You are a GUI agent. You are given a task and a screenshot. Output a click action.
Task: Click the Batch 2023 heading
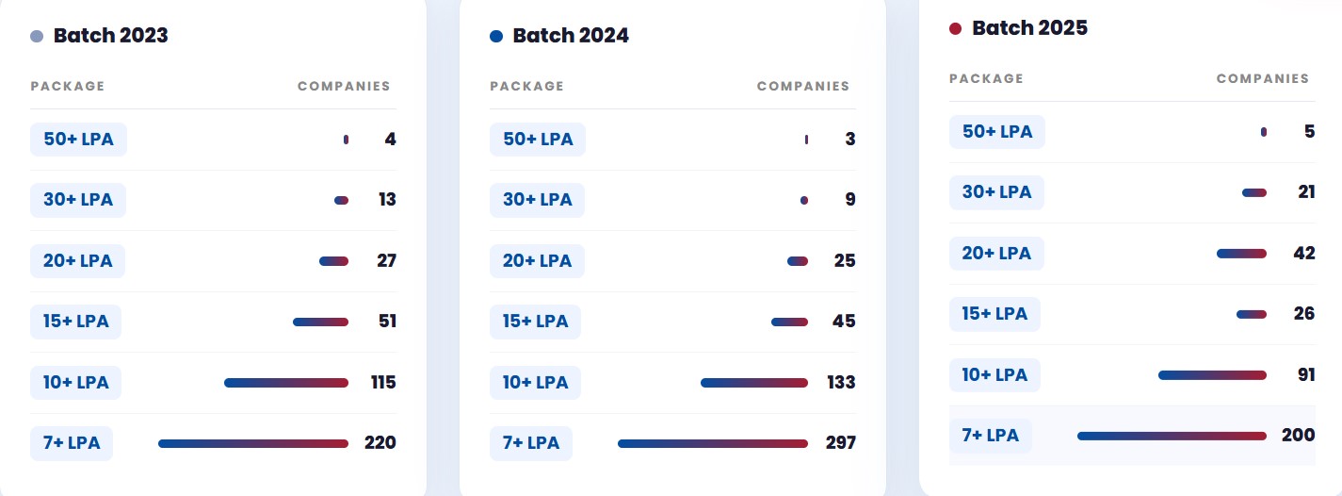111,36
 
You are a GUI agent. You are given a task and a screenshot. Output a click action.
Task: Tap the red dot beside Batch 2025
955,28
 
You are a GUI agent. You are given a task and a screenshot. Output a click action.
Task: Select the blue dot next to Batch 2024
496,36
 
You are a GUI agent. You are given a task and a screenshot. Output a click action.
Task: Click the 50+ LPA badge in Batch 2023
78,140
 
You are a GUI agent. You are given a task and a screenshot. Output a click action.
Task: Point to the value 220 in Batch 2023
380,442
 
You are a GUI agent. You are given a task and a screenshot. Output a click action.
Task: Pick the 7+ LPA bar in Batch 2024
713,444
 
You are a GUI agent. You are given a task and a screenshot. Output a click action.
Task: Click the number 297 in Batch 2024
841,442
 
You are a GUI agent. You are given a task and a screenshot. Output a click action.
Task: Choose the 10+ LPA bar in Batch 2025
1213,375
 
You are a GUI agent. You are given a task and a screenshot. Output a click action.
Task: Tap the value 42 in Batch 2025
1304,253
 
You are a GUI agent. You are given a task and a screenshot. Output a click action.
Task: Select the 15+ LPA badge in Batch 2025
994,314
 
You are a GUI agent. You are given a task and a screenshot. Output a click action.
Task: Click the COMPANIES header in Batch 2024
803,87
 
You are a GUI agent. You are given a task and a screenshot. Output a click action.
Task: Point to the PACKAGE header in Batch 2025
986,78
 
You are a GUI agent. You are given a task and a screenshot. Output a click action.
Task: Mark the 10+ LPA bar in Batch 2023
286,383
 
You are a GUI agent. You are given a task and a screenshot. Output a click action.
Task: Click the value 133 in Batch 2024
841,382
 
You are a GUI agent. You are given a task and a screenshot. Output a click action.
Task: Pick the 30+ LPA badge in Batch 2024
538,200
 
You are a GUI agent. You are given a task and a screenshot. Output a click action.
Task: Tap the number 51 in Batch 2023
388,322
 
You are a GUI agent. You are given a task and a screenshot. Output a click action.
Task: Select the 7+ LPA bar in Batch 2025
1172,436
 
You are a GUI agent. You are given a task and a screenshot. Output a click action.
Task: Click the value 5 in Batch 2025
1310,131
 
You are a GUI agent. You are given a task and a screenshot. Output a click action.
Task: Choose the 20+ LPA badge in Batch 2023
78,261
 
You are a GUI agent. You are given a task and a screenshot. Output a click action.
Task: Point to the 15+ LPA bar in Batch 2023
320,322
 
